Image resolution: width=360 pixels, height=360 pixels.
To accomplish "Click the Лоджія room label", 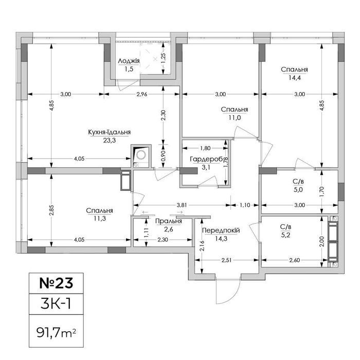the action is pyautogui.click(x=129, y=61).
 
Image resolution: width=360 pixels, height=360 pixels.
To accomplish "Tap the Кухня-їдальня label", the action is pyautogui.click(x=110, y=132).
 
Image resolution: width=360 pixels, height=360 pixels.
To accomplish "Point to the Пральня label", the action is pyautogui.click(x=169, y=221).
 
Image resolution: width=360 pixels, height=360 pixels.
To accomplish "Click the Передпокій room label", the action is pyautogui.click(x=221, y=230).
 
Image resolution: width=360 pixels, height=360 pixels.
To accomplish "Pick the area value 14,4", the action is pyautogui.click(x=295, y=78).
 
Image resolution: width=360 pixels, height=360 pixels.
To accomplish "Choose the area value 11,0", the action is pyautogui.click(x=235, y=118).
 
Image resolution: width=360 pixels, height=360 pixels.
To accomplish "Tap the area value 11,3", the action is pyautogui.click(x=100, y=219).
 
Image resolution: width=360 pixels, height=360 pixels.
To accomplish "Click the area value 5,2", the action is pyautogui.click(x=285, y=235).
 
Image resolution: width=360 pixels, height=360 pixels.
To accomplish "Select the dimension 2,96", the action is pyautogui.click(x=141, y=94).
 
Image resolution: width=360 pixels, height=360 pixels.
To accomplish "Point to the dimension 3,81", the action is pyautogui.click(x=182, y=205).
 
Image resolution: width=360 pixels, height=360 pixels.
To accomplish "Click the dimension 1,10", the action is pyautogui.click(x=245, y=205).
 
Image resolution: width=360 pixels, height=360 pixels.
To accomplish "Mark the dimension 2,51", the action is pyautogui.click(x=226, y=260).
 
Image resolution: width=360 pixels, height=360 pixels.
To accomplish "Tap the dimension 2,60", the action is pyautogui.click(x=295, y=260).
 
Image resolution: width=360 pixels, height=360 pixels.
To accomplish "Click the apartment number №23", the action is pyautogui.click(x=56, y=283).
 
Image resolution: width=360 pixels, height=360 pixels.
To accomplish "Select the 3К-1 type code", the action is pyautogui.click(x=56, y=304).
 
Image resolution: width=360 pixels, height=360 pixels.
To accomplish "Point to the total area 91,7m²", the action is pyautogui.click(x=56, y=333).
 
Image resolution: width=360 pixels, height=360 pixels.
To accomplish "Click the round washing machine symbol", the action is pyautogui.click(x=141, y=155).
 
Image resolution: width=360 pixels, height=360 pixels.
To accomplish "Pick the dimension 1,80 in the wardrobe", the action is pyautogui.click(x=205, y=148).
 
